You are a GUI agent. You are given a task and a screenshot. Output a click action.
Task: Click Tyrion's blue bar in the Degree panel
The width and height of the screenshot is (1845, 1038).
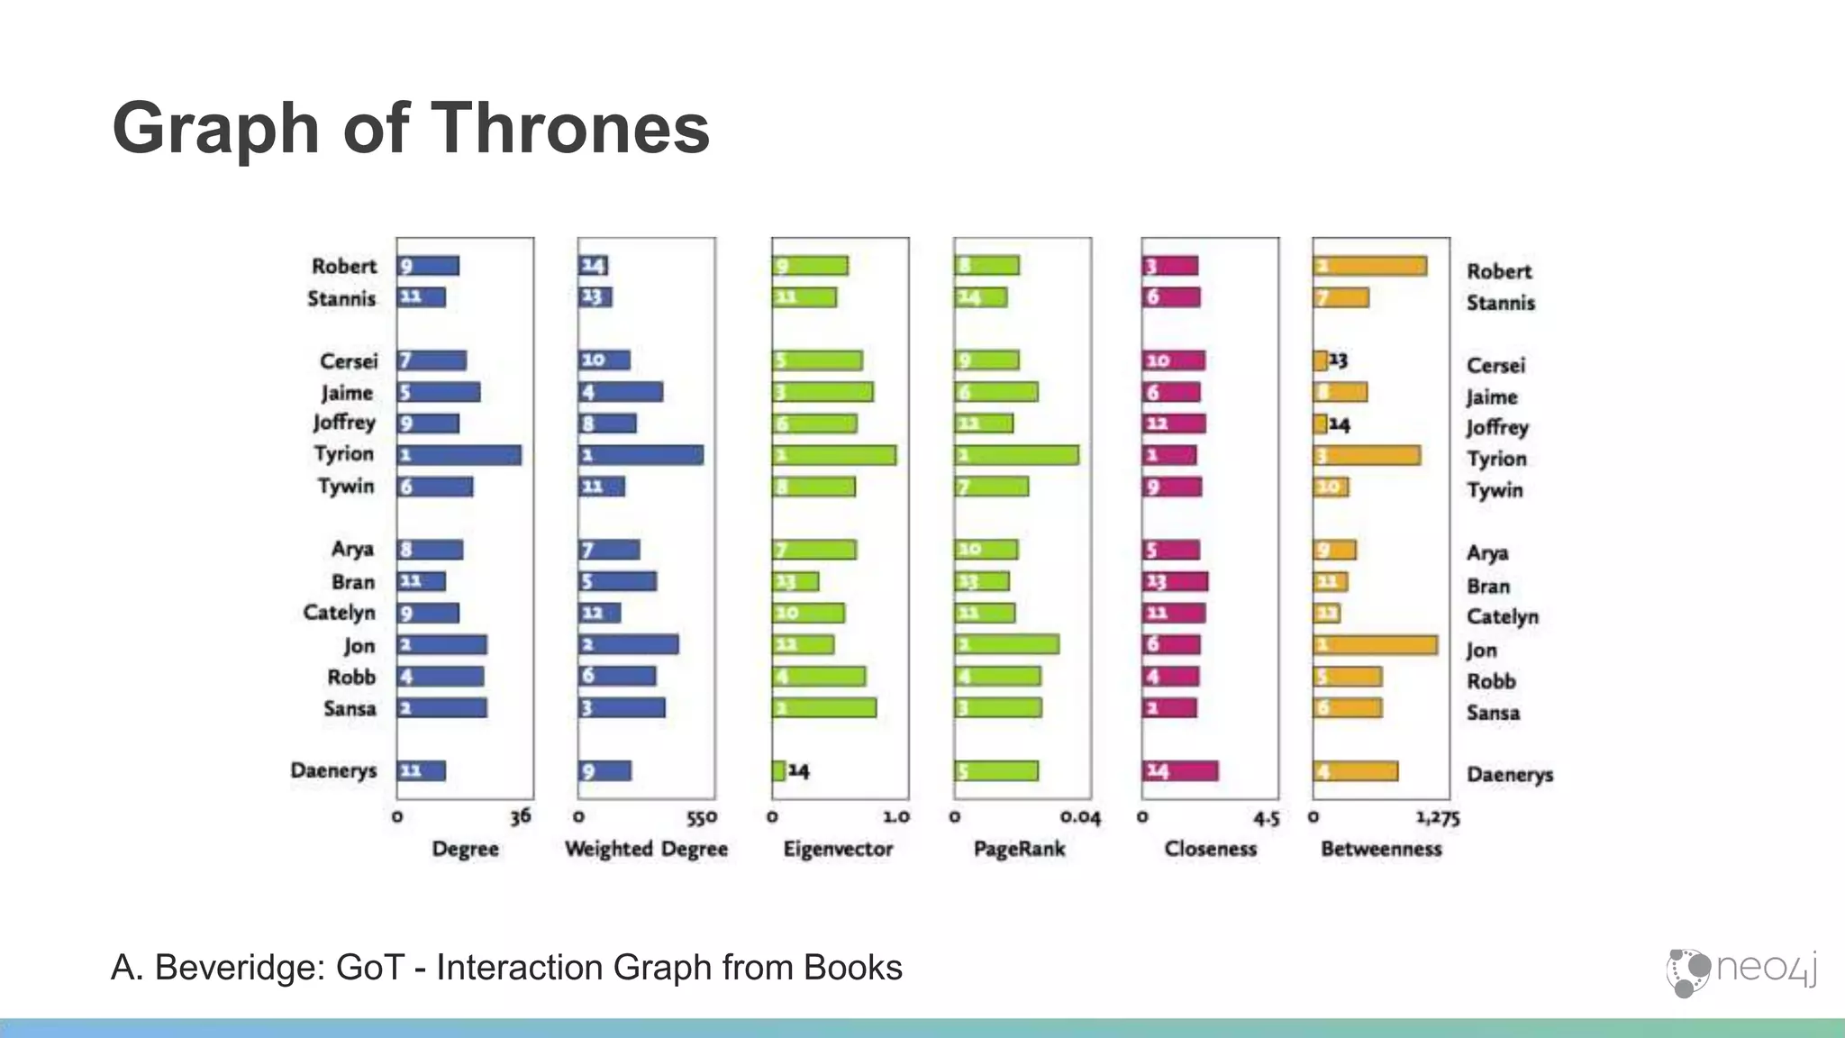click(459, 455)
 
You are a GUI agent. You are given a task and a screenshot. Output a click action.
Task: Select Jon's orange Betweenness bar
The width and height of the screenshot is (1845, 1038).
click(1375, 645)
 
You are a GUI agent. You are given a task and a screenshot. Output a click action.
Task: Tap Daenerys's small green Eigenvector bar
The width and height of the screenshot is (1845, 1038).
click(778, 770)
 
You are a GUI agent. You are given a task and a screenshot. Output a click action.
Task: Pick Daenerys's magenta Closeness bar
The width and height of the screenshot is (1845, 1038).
click(1180, 770)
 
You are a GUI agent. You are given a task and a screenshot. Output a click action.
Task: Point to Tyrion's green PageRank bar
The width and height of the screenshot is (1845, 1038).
click(1016, 455)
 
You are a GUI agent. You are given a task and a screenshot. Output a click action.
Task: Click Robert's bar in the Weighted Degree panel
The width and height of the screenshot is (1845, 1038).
click(594, 266)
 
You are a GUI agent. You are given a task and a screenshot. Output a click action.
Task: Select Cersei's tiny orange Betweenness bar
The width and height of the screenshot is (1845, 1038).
click(1320, 360)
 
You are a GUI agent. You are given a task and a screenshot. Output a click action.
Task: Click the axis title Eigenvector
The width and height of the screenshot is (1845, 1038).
click(838, 849)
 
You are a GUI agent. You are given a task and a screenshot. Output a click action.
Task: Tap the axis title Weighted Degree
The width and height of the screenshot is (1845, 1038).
click(646, 849)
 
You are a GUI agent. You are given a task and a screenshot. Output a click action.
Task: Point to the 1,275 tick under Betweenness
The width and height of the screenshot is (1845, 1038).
click(1437, 818)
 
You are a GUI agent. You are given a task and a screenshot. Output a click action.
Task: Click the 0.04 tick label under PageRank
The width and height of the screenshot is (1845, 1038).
click(1080, 818)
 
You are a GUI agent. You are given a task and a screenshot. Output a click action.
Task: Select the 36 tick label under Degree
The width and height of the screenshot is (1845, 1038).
click(521, 817)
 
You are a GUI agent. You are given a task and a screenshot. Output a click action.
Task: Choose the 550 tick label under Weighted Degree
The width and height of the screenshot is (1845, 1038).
click(702, 818)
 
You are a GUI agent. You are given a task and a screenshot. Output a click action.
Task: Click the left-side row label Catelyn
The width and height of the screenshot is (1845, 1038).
click(339, 613)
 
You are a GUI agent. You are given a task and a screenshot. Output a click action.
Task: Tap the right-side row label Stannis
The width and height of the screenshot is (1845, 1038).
click(1500, 303)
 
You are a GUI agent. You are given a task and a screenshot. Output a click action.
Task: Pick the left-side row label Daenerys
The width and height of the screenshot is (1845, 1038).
click(333, 770)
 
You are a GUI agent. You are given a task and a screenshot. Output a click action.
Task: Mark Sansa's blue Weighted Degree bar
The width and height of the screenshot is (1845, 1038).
click(622, 707)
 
